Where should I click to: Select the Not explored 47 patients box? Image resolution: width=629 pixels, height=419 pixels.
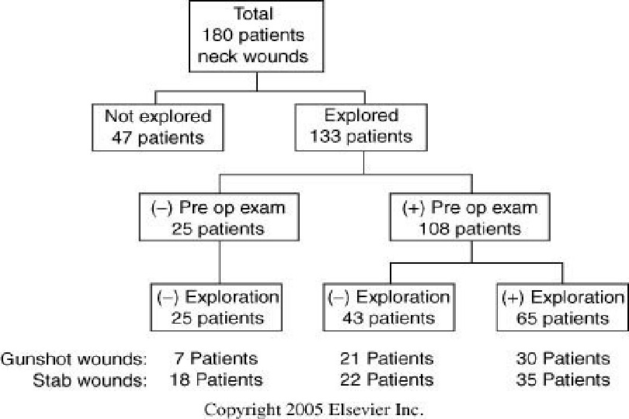(x=158, y=127)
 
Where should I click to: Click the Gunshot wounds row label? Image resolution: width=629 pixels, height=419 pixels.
(x=75, y=359)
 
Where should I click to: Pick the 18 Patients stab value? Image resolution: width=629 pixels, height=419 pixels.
(x=217, y=380)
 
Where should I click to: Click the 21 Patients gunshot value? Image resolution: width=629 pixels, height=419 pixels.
(x=387, y=359)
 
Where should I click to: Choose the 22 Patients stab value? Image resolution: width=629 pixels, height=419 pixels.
(x=387, y=380)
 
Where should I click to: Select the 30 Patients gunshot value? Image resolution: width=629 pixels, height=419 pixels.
(x=562, y=359)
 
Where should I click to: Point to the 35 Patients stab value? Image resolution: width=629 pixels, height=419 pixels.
(x=562, y=380)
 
